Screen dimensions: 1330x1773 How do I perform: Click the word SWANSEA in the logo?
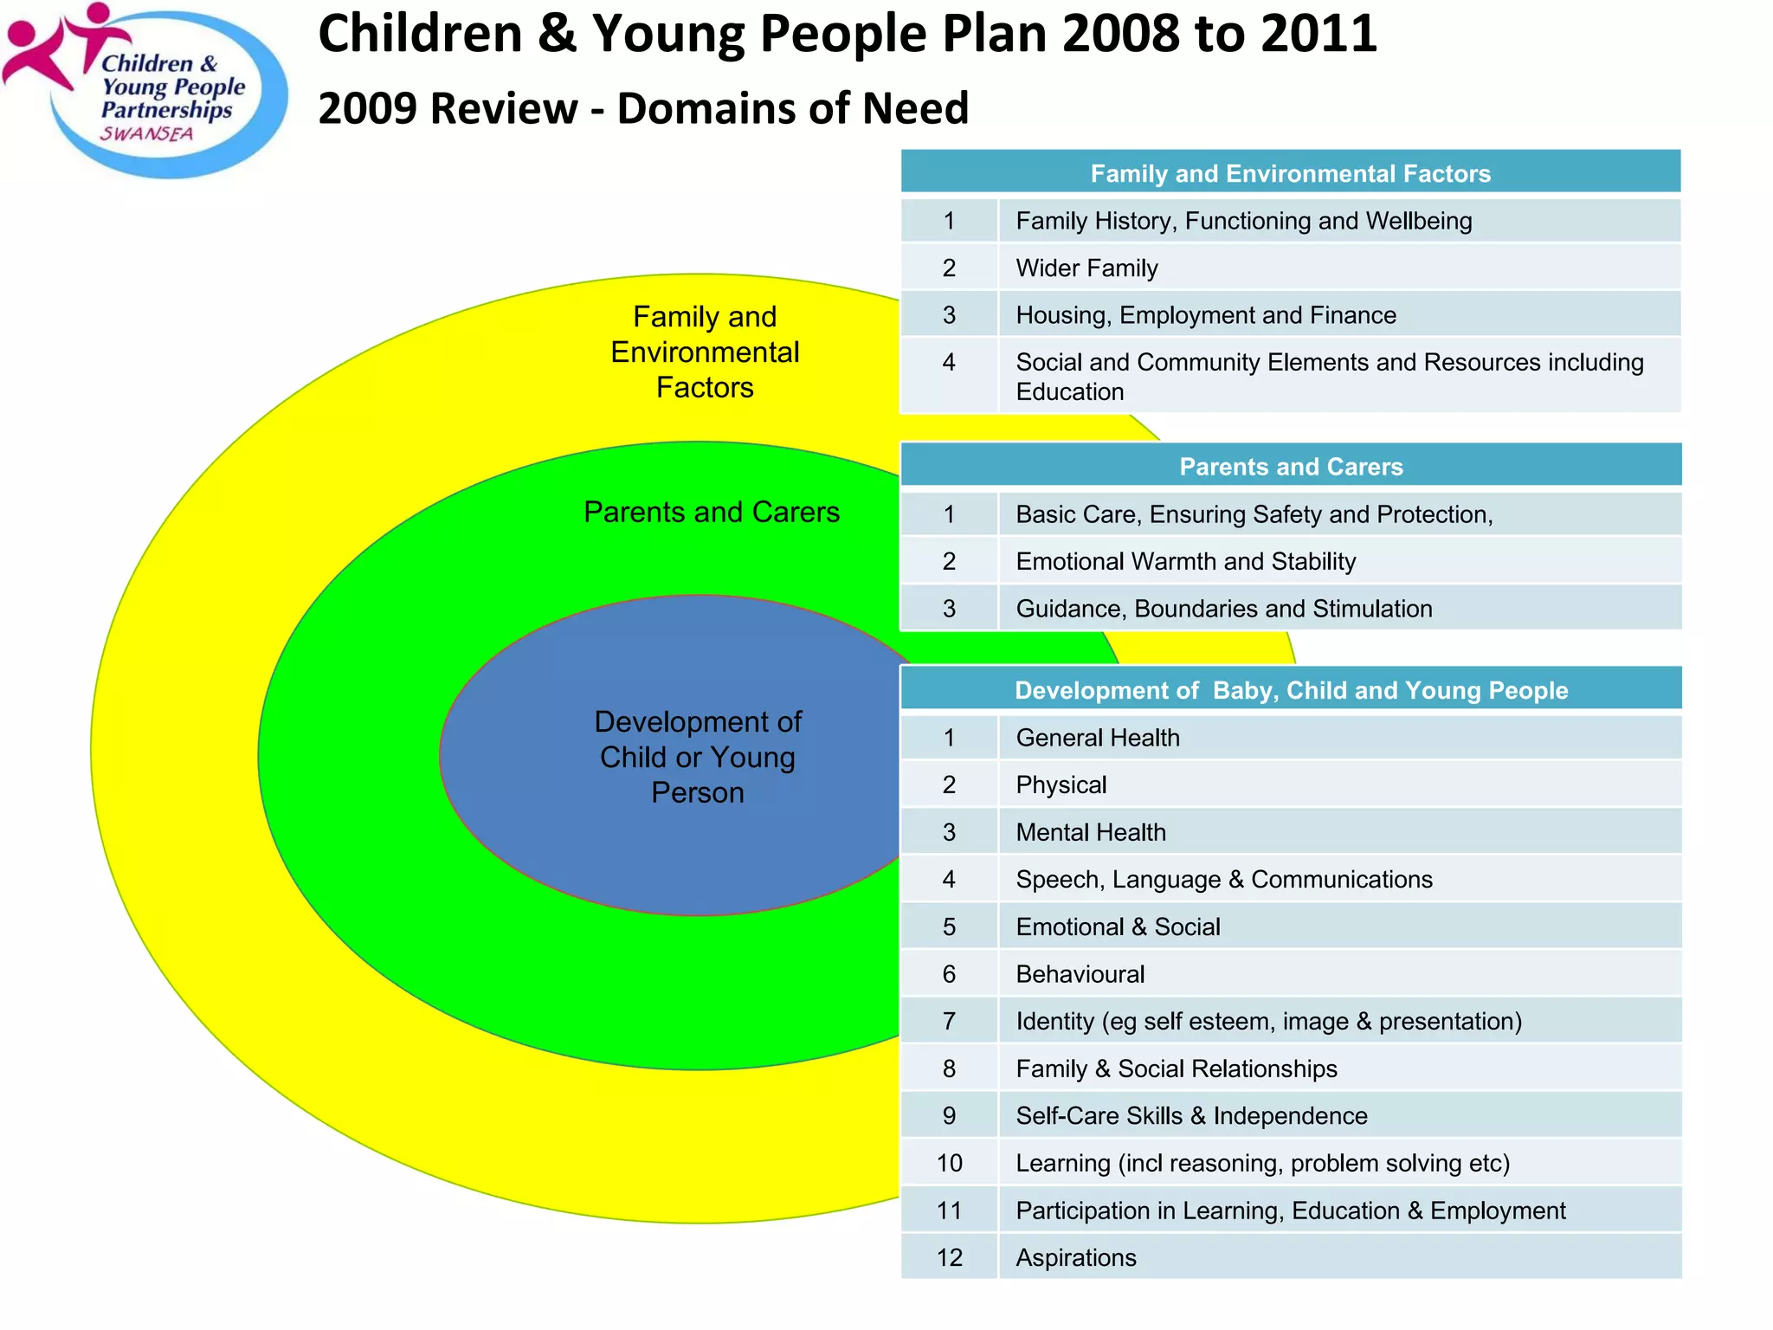[x=146, y=134]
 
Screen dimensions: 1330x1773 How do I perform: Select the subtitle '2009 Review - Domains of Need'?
[x=643, y=109]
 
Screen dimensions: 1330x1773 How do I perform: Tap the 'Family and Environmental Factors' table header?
[x=1290, y=173]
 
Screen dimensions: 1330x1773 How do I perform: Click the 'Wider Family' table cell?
[x=1086, y=268]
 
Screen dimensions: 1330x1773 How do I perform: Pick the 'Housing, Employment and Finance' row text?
[x=1206, y=315]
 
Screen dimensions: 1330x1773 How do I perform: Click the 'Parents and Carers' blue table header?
[x=1290, y=467]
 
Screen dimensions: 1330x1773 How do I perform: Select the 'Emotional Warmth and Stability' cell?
[x=1185, y=562]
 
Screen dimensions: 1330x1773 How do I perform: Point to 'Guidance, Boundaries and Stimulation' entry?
[x=1223, y=609]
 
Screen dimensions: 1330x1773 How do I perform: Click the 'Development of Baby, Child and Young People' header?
[x=1290, y=690]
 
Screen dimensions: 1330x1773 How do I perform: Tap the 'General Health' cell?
[x=1097, y=738]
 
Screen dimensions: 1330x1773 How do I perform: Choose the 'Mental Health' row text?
[x=1091, y=832]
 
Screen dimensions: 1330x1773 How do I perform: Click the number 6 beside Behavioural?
[x=949, y=974]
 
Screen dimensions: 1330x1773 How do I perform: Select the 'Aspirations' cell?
[x=1075, y=1257]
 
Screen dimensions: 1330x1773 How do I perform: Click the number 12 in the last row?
[x=949, y=1257]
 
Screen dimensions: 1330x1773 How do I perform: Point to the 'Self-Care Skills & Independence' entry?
[x=1191, y=1116]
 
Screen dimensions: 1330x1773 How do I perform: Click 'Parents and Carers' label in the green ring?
[x=712, y=512]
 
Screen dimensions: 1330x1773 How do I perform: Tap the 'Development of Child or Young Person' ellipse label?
[x=698, y=757]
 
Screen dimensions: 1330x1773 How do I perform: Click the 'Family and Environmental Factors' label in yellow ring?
[x=705, y=352]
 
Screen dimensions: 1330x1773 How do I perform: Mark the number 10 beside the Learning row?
[x=949, y=1163]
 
